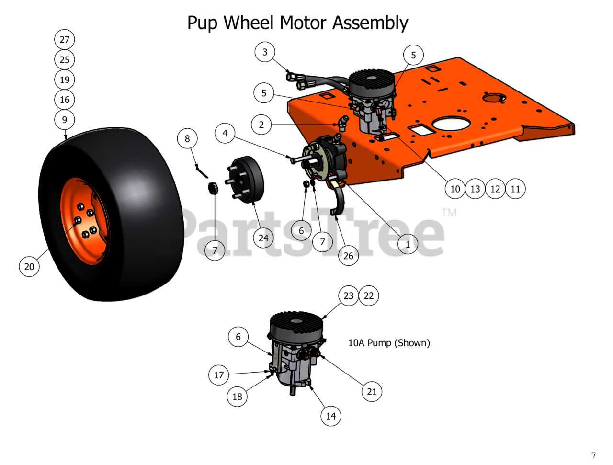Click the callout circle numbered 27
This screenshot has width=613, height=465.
pyautogui.click(x=65, y=40)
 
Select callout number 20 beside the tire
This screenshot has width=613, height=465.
pyautogui.click(x=29, y=266)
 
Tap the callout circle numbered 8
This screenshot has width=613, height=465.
pyautogui.click(x=187, y=139)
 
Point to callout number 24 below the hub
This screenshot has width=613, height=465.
pyautogui.click(x=263, y=238)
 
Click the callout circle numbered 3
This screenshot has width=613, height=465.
pyautogui.click(x=265, y=52)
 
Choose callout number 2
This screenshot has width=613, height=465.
pyautogui.click(x=261, y=125)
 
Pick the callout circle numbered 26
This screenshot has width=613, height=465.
pyautogui.click(x=348, y=256)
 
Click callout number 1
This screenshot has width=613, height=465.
pyautogui.click(x=408, y=244)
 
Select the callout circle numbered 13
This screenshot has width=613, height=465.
pyautogui.click(x=475, y=189)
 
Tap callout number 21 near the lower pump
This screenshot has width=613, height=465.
pyautogui.click(x=372, y=392)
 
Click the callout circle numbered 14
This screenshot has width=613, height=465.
pyautogui.click(x=331, y=416)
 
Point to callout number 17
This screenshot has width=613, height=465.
pyautogui.click(x=219, y=375)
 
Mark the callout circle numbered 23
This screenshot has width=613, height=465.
pyautogui.click(x=349, y=296)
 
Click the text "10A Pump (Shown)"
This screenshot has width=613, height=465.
pyautogui.click(x=389, y=343)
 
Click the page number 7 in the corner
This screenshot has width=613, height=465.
pyautogui.click(x=594, y=455)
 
